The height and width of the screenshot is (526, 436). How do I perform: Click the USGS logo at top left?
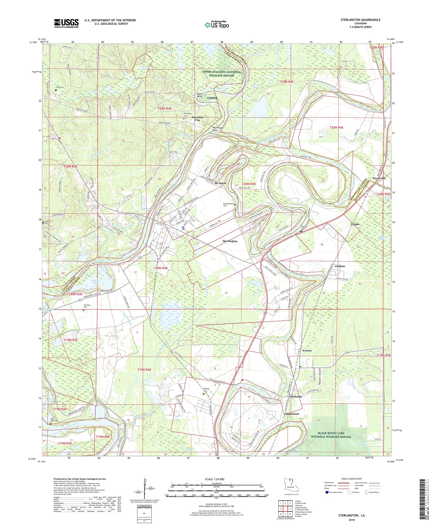[67, 23]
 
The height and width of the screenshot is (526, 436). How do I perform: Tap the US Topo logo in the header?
[217, 24]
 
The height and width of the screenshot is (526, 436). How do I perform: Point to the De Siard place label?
[220, 183]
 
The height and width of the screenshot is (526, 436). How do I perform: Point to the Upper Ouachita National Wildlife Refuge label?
[221, 74]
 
